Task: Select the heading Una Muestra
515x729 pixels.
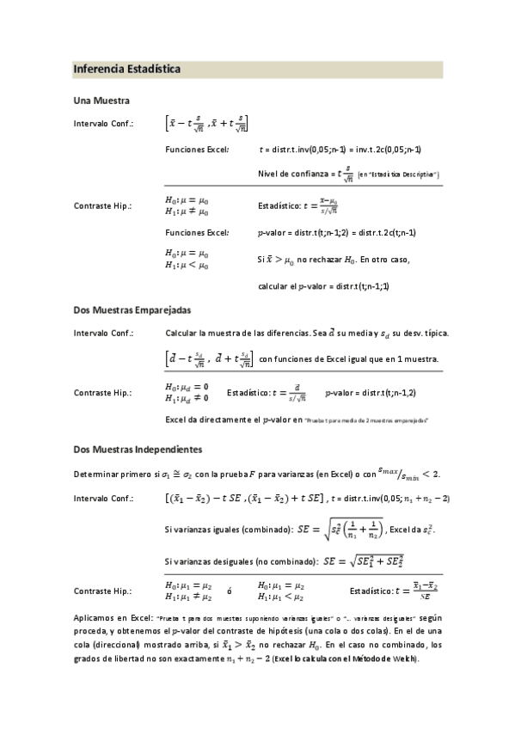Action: [x=101, y=101]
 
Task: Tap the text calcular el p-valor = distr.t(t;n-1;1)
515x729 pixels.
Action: [x=323, y=285]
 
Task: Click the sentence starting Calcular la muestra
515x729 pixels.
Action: [x=302, y=333]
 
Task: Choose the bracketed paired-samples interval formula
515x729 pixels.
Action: [x=209, y=357]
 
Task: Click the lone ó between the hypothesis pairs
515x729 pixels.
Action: [x=230, y=591]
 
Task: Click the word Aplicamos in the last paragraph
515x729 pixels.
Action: [x=95, y=618]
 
